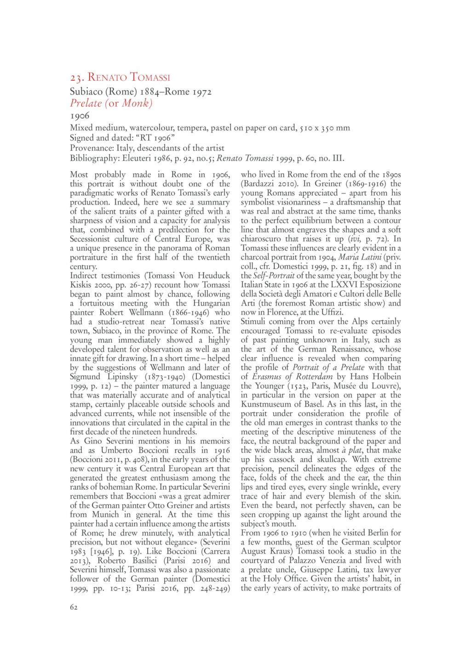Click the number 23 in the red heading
pyautogui.click(x=76, y=77)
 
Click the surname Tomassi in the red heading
pyautogui.click(x=150, y=77)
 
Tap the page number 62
pyautogui.click(x=74, y=607)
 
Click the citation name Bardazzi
pyautogui.click(x=258, y=184)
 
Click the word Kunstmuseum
pyautogui.click(x=267, y=404)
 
